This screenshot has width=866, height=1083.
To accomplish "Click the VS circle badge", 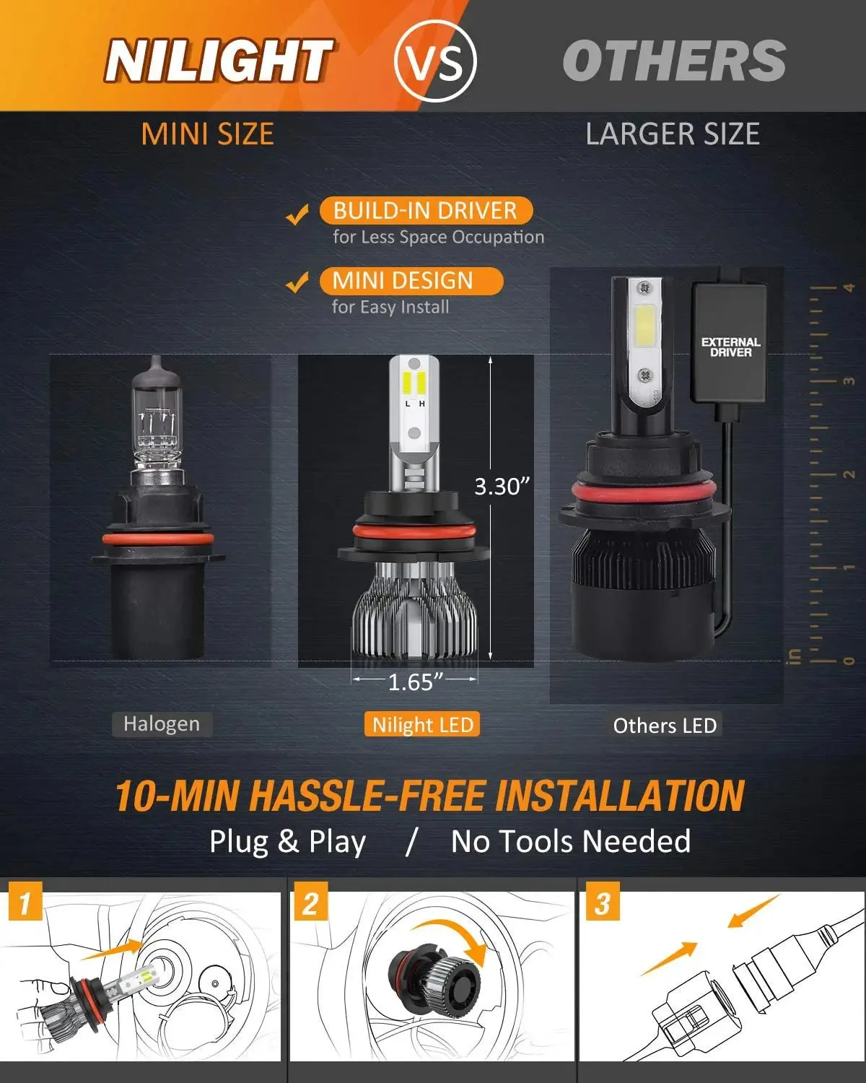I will click(x=436, y=61).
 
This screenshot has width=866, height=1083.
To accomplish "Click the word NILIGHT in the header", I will click(x=218, y=61).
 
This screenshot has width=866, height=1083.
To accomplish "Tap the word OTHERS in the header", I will click(x=674, y=61).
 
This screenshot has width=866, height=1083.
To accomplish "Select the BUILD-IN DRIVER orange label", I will click(x=426, y=211).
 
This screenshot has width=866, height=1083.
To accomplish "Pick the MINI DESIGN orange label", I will click(x=410, y=280).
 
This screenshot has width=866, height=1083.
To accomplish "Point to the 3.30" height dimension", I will click(x=502, y=487).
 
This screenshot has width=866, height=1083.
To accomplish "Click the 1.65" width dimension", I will click(x=415, y=682).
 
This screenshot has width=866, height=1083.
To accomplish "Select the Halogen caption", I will click(x=162, y=724).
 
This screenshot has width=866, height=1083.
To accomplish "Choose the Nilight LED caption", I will click(x=423, y=725).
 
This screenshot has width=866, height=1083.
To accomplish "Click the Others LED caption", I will click(x=665, y=726).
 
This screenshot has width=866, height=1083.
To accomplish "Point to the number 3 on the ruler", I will click(x=849, y=380).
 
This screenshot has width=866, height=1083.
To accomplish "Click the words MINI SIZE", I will click(x=208, y=134).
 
